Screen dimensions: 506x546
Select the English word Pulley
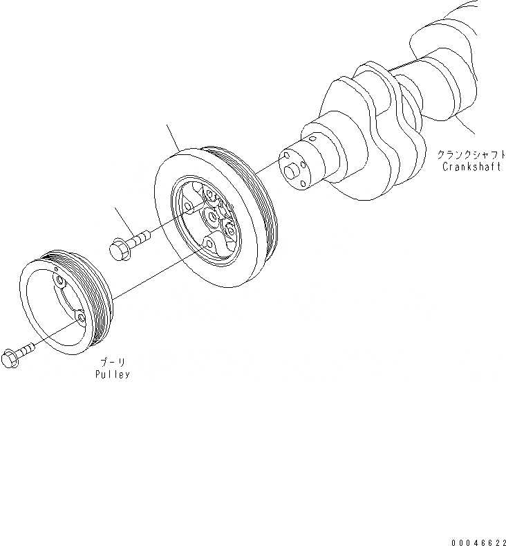tap(113, 374)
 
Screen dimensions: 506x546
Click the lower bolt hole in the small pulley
tap(81, 317)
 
